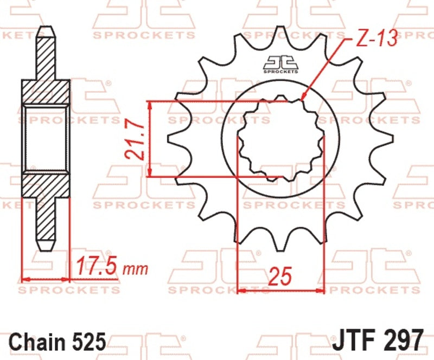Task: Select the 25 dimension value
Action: (x=280, y=276)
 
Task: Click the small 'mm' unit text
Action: (x=135, y=269)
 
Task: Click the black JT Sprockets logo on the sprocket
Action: (x=280, y=65)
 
